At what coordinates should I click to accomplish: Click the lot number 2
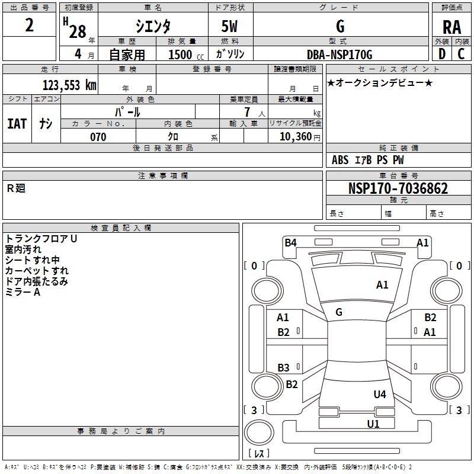click(x=29, y=25)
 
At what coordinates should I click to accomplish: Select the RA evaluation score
click(x=451, y=27)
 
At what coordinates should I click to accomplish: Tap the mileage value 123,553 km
click(x=69, y=85)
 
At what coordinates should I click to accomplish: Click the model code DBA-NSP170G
click(x=340, y=55)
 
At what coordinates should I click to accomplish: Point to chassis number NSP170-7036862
click(x=398, y=188)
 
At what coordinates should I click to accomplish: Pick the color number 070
click(x=98, y=137)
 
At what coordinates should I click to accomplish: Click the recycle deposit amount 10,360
click(x=295, y=137)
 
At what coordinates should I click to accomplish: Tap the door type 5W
click(x=229, y=26)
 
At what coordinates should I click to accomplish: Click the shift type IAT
click(x=17, y=124)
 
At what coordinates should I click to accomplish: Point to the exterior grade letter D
click(x=442, y=54)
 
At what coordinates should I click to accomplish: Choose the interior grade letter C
click(x=461, y=54)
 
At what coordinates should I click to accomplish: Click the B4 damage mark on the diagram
click(x=290, y=243)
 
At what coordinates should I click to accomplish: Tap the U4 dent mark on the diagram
click(x=380, y=395)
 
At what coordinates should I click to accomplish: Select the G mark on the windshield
click(x=339, y=312)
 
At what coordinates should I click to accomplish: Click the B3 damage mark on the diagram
click(x=284, y=367)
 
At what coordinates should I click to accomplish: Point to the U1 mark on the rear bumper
click(x=373, y=424)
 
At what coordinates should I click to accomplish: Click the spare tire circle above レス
click(x=259, y=433)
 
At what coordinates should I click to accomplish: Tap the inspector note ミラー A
click(x=23, y=292)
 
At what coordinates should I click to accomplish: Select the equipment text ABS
click(x=340, y=160)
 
